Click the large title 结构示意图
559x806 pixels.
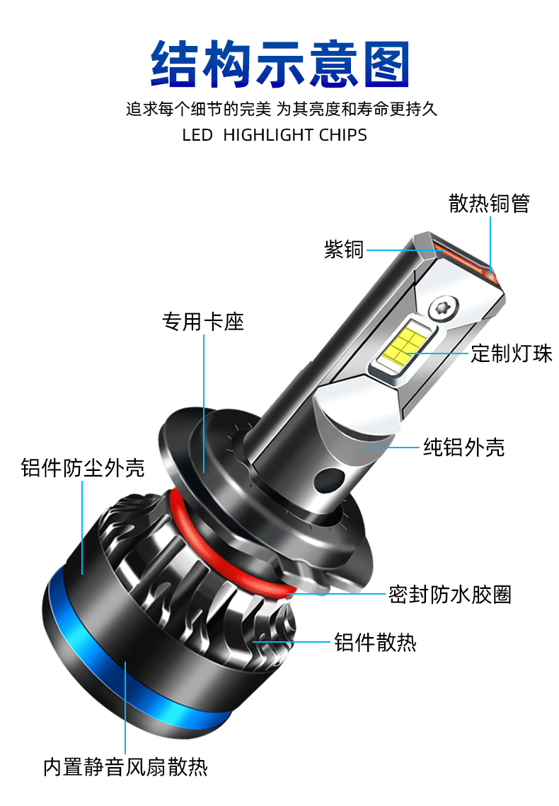pyautogui.click(x=280, y=64)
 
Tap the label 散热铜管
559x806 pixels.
pyautogui.click(x=489, y=204)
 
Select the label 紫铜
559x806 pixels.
pyautogui.click(x=344, y=249)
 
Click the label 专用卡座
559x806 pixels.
pyautogui.click(x=203, y=322)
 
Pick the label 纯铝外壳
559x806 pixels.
pyautogui.click(x=463, y=447)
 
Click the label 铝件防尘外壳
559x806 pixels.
pyautogui.click(x=83, y=467)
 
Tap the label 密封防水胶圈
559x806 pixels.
pyautogui.click(x=449, y=594)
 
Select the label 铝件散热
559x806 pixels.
pyautogui.click(x=375, y=642)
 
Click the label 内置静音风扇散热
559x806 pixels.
pyautogui.click(x=125, y=767)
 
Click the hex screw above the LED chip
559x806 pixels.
pyautogui.click(x=443, y=308)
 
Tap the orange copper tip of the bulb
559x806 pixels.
pyautogui.click(x=471, y=260)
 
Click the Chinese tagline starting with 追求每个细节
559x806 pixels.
pyautogui.click(x=282, y=110)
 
